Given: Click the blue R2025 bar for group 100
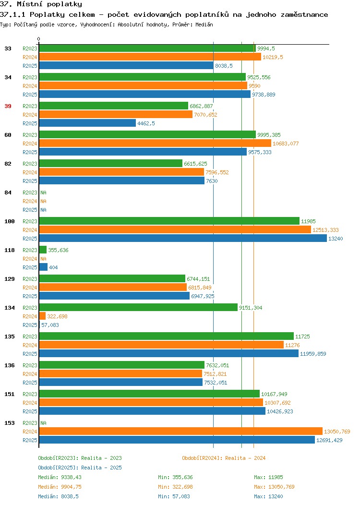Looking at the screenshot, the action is (183, 238).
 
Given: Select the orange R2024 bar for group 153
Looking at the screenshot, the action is (180, 431).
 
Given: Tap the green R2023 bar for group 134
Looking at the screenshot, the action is (138, 308).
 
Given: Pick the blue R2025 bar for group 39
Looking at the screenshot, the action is (87, 123).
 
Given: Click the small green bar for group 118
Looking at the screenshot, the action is (43, 250).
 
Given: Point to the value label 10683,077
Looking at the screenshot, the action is (286, 144).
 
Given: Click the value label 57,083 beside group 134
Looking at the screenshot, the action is (50, 325).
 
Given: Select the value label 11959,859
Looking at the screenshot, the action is (313, 354).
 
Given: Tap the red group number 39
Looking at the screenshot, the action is (8, 106).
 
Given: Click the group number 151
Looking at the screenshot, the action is (10, 394).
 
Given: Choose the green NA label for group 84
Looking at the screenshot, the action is (44, 192).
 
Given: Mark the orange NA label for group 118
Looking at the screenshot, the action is (44, 259).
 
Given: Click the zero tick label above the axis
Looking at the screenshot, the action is (39, 39).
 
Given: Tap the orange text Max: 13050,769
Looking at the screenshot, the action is (274, 487).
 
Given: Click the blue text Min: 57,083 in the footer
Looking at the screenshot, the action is (174, 497).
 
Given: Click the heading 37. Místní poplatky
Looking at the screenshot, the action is (41, 4).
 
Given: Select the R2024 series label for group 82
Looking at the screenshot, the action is (30, 172).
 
